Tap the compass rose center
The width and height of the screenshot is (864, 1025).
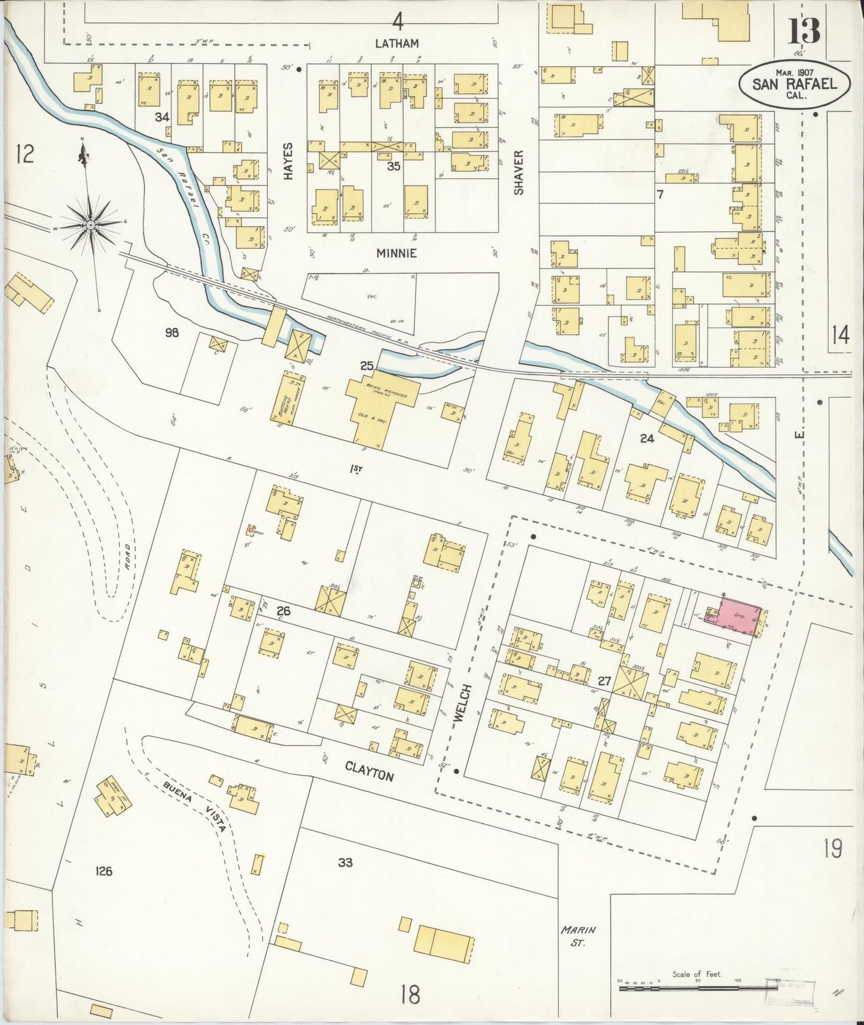point(90,225)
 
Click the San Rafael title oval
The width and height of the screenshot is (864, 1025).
point(796,85)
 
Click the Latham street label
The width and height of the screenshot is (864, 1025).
point(396,44)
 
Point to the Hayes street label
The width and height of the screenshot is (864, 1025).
point(289,161)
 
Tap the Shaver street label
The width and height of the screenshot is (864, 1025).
point(518,172)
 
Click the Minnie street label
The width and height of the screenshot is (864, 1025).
point(396,253)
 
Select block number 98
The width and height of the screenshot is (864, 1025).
point(172,333)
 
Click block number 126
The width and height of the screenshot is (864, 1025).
point(103,871)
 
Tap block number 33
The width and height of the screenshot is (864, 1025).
point(345,862)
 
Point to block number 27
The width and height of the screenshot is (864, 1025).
point(604,681)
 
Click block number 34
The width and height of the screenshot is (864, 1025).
point(161,117)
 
